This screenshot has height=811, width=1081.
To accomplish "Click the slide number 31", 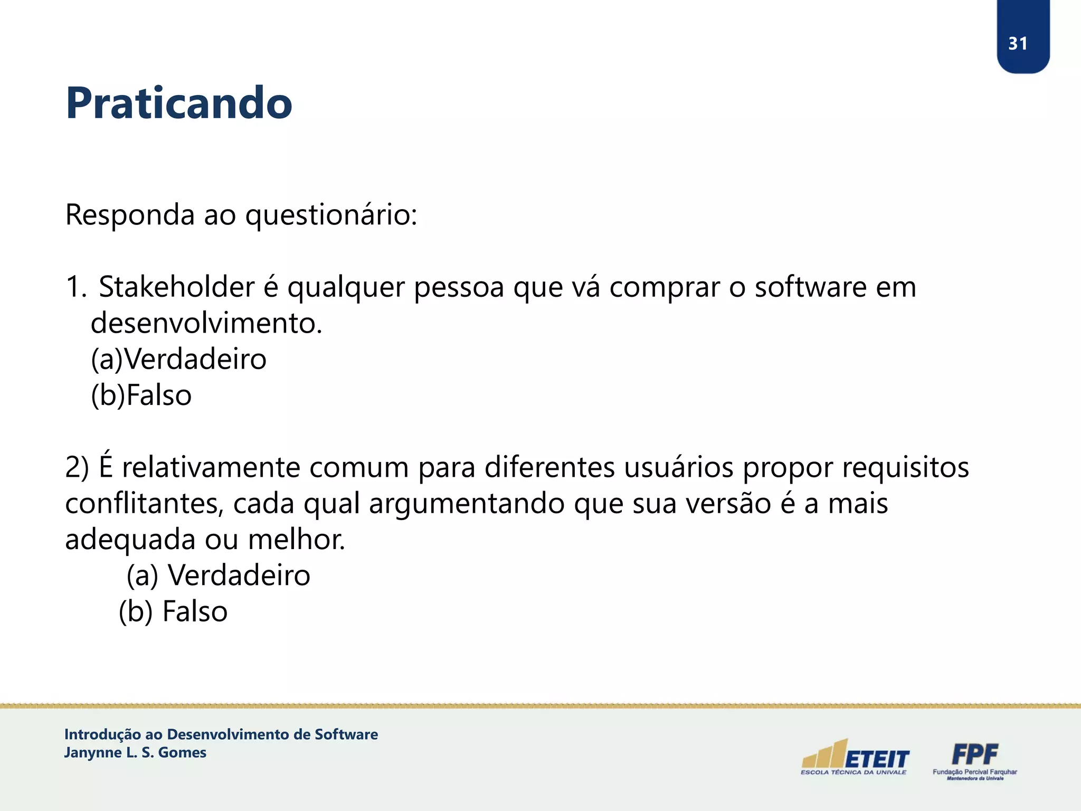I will tap(1018, 43).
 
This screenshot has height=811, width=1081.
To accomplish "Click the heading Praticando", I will tap(178, 103).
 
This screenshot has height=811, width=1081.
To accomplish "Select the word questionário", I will tap(331, 215).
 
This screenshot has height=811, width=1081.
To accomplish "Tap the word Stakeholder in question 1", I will tap(177, 287).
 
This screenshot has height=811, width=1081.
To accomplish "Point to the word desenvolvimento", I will tap(206, 323).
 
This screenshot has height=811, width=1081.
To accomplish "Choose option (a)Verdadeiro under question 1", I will tap(178, 360).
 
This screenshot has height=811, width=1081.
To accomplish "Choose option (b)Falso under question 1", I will tap(141, 395).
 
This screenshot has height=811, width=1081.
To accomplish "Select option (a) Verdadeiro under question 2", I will tap(219, 576).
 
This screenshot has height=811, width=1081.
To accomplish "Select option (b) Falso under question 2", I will tap(173, 611).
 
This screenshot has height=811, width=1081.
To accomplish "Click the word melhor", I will tap(297, 540).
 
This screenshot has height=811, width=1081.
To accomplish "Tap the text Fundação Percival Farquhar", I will tap(974, 772).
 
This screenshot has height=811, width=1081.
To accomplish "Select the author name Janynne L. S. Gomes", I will tap(135, 752).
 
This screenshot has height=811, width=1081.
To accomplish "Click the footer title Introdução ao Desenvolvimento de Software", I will tap(221, 734).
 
